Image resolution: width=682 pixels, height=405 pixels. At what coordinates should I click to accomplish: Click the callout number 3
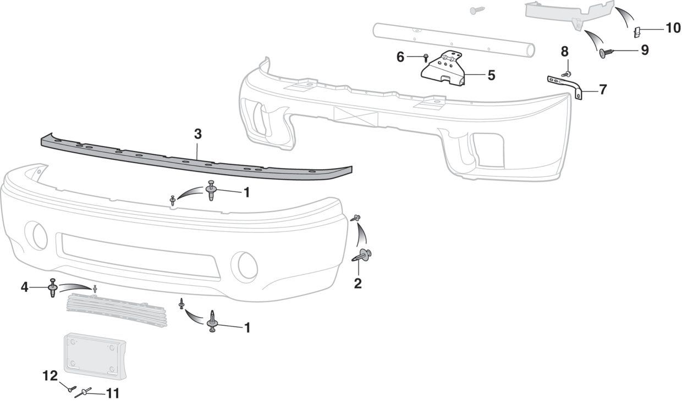198,134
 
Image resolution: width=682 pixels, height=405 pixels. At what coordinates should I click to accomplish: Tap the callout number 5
491,75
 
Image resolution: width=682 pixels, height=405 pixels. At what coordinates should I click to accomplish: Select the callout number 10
673,28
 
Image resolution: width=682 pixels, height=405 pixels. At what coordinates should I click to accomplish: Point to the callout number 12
50,376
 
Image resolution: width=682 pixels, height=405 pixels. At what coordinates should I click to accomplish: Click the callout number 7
603,90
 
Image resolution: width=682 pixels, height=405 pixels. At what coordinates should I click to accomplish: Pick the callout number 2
358,284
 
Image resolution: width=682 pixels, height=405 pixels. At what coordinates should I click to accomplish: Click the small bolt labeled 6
426,58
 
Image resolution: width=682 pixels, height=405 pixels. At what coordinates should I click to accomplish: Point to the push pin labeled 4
53,287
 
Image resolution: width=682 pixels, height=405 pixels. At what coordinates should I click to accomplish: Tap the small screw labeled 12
73,389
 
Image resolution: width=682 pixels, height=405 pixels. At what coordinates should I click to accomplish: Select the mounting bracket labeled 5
443,69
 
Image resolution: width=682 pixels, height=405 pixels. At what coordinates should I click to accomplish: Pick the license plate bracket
95,356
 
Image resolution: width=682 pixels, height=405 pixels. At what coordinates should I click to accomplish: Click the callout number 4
24,287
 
